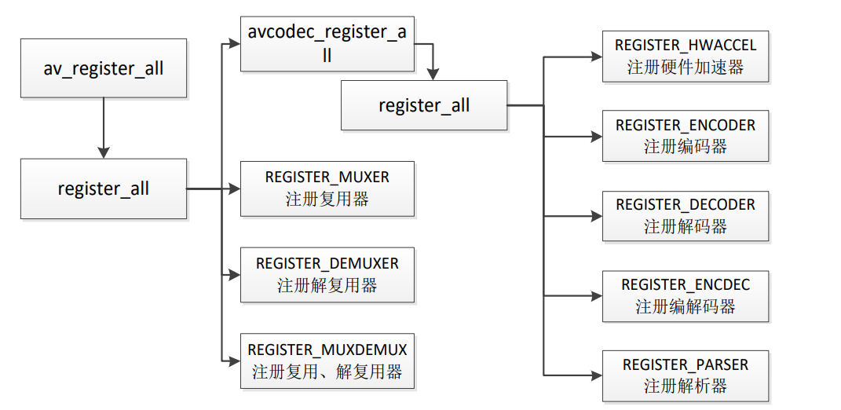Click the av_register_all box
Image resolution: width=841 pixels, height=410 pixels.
104,68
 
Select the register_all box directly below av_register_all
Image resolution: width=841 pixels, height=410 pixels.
104,189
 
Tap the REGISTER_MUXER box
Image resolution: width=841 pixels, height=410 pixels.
327,189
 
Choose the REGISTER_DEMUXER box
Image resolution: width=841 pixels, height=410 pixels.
327,274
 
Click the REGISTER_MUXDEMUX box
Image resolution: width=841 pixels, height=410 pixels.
327,361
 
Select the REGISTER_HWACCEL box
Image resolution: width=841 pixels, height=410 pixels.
686,57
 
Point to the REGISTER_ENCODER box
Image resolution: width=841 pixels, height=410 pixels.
686,136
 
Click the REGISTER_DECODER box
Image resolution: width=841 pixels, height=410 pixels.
686,215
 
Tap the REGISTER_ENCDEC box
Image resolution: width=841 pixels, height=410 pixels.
686,296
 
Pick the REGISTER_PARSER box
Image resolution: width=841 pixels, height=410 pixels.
686,375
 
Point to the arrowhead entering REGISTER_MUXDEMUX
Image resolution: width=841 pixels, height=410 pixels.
234,361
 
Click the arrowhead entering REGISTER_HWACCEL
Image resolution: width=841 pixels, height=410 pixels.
596,57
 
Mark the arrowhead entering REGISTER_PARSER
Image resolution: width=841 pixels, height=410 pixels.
596,375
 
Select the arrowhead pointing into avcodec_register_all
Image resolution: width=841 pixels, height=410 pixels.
234,45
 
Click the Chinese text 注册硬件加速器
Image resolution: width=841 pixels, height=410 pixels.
686,68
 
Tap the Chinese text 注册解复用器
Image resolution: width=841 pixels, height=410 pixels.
327,285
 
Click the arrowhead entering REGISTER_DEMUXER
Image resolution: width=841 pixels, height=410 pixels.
234,275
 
